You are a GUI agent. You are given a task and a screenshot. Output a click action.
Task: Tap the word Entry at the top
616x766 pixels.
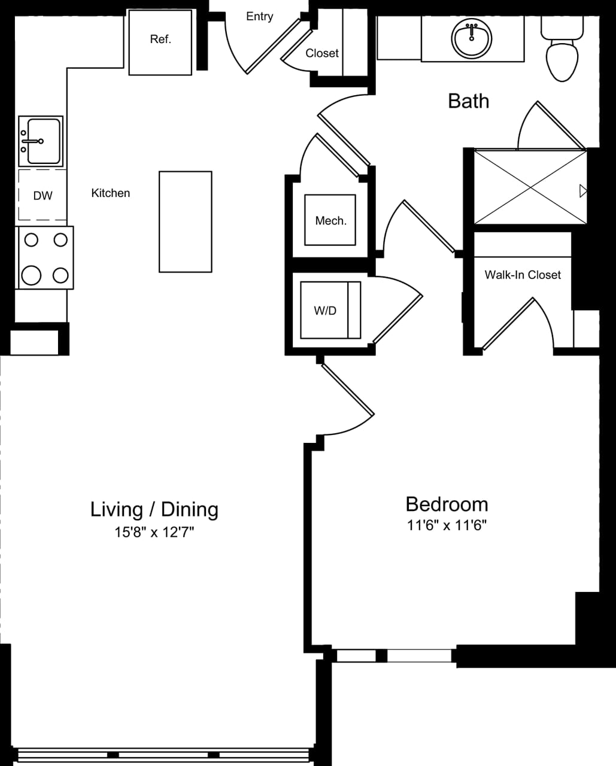pos(259,17)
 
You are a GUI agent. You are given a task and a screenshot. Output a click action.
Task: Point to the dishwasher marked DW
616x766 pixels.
pos(43,195)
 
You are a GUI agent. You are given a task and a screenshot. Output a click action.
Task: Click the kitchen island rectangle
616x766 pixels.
pos(185,221)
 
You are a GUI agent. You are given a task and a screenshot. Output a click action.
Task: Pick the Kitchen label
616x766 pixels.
pos(110,193)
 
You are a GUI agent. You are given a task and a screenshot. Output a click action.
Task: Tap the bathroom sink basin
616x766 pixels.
pos(471,38)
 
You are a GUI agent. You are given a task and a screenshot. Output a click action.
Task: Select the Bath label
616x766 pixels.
pos(468,101)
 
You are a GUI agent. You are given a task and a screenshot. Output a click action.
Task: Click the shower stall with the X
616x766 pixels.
pos(530,187)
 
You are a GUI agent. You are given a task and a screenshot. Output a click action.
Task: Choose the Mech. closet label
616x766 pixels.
pos(330,221)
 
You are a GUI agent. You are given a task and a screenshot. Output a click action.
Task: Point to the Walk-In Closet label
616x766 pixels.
pos(523,275)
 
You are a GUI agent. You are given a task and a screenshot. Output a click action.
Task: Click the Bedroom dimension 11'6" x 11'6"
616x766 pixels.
pos(447,525)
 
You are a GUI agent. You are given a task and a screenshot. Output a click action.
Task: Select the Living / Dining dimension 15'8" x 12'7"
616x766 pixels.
pos(154,532)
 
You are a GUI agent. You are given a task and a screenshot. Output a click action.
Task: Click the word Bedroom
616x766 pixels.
pos(447,504)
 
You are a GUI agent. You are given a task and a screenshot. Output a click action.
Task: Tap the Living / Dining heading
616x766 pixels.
pos(154,509)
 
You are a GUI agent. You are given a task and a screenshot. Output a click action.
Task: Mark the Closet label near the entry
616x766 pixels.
pos(322,53)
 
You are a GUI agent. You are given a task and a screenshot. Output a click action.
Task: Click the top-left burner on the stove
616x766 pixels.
pos(31,240)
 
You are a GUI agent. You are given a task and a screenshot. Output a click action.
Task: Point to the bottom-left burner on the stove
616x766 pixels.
pos(31,275)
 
